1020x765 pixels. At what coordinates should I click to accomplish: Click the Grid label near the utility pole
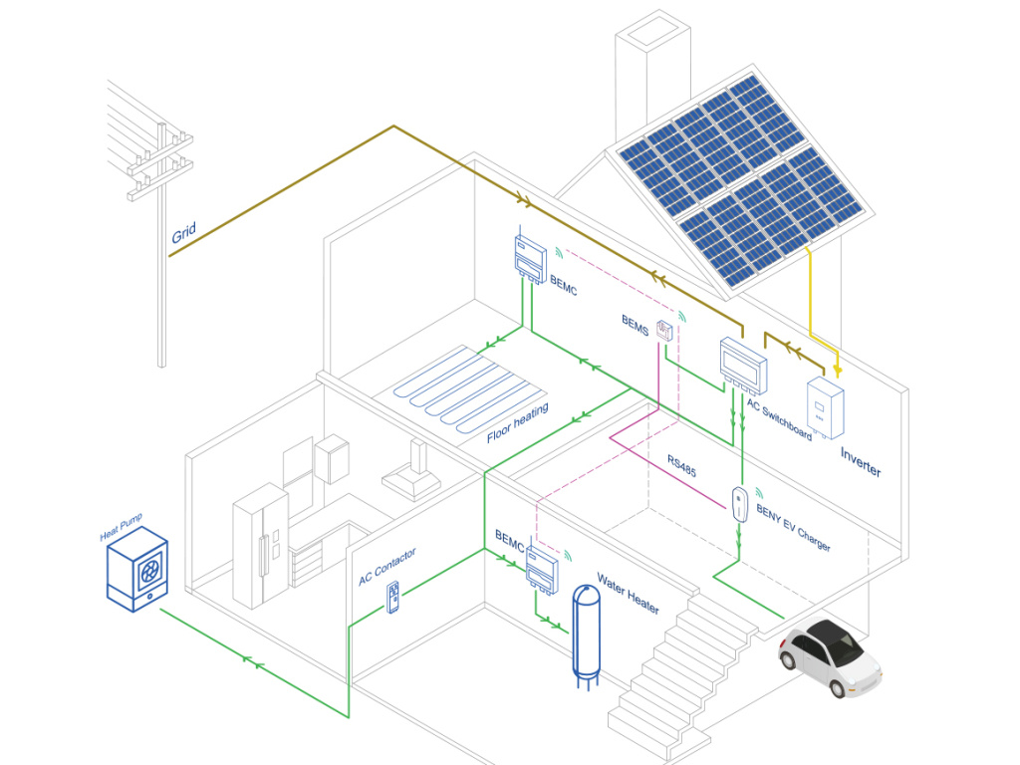(x=184, y=235)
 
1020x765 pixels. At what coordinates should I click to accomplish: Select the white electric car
(x=830, y=657)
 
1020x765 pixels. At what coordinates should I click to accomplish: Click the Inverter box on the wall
(x=826, y=406)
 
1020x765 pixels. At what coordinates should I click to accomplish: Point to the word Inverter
(x=861, y=462)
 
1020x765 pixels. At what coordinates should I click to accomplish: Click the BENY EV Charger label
(x=793, y=529)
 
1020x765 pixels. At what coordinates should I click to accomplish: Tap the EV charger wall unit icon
(x=739, y=504)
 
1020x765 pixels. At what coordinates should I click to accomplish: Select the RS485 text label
(x=681, y=466)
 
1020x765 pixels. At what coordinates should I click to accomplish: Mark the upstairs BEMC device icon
(x=529, y=257)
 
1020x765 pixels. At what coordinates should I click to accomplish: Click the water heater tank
(x=586, y=634)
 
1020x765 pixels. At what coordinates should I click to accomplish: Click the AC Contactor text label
(x=387, y=567)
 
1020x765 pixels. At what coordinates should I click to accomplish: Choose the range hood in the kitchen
(x=411, y=477)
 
